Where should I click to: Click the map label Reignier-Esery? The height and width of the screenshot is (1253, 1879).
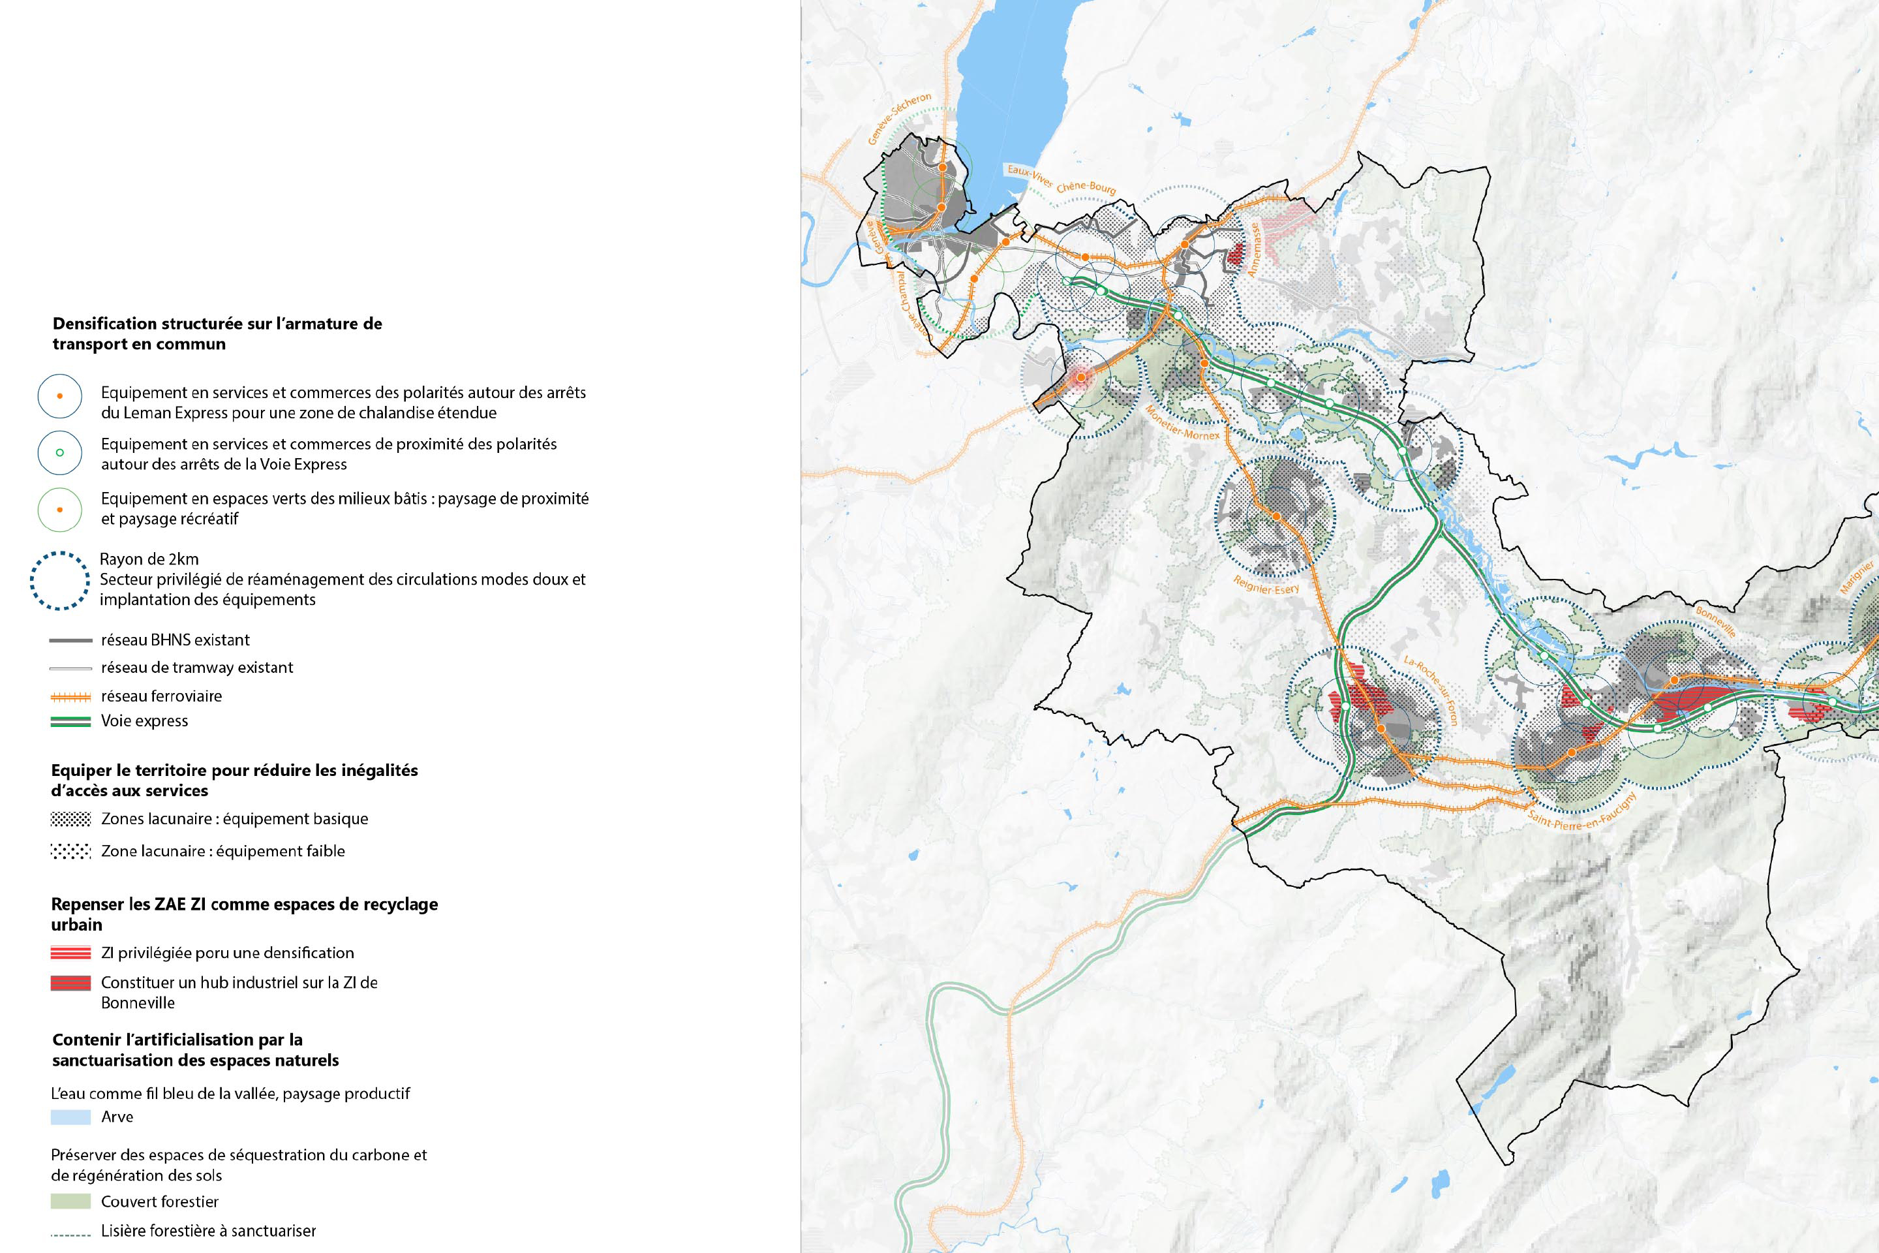pos(1266,584)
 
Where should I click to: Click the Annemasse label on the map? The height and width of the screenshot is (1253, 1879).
pos(1254,250)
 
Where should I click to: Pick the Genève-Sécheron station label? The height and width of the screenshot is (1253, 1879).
pos(900,119)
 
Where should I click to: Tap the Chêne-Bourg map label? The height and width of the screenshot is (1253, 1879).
pos(1086,187)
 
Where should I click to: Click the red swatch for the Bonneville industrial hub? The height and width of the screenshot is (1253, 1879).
pos(70,983)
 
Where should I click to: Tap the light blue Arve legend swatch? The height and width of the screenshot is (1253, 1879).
pos(70,1117)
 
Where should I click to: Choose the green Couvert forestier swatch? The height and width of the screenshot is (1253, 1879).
pos(70,1201)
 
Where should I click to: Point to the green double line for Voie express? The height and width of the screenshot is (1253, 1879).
pos(70,720)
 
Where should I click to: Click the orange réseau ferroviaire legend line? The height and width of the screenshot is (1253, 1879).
pos(70,696)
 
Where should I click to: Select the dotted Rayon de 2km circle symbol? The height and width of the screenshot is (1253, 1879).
pos(60,580)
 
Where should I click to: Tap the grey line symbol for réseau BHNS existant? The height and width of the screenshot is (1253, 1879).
pos(70,640)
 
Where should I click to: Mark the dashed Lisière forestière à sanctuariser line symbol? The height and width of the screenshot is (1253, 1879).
pos(70,1235)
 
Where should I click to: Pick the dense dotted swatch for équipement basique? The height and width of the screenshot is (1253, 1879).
pos(70,819)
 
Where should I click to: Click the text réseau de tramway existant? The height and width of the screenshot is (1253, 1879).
pos(196,667)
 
